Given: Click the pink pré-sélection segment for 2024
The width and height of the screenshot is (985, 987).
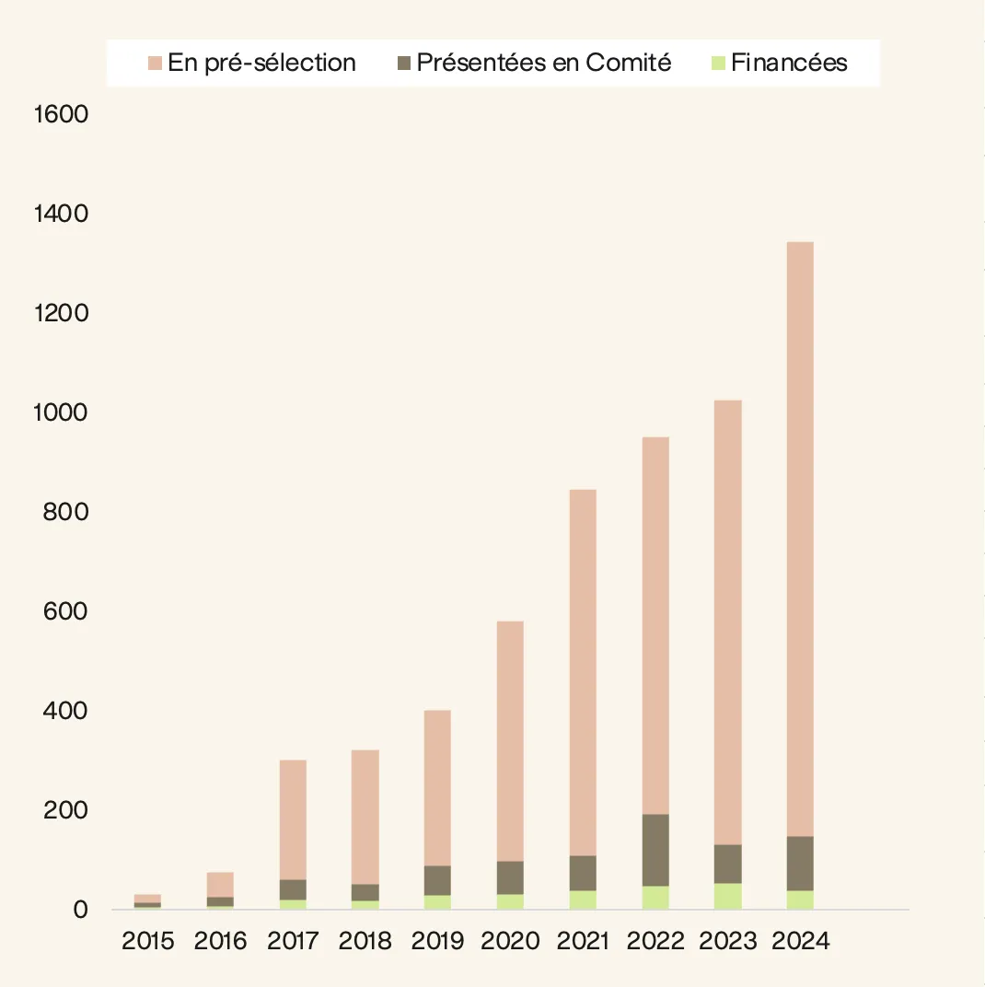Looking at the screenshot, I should pyautogui.click(x=800, y=539).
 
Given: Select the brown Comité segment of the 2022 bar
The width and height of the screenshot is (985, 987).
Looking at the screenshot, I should pyautogui.click(x=655, y=850).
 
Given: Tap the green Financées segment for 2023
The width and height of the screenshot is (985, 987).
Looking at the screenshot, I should pyautogui.click(x=727, y=896).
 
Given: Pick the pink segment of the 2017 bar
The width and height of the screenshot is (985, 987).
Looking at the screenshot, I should pyautogui.click(x=293, y=819).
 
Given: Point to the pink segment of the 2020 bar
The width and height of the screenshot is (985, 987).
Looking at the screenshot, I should pyautogui.click(x=510, y=741).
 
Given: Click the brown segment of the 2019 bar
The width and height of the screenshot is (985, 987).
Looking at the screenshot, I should pyautogui.click(x=437, y=880).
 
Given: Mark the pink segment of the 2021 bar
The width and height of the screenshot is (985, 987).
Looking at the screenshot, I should pyautogui.click(x=583, y=672).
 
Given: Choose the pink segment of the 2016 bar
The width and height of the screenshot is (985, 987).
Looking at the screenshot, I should pyautogui.click(x=220, y=884).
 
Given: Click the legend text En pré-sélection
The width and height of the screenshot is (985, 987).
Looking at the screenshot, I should pyautogui.click(x=261, y=63).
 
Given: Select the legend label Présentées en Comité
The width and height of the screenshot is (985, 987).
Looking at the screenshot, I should pyautogui.click(x=544, y=63).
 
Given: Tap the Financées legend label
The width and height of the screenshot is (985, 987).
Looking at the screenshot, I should pyautogui.click(x=789, y=63).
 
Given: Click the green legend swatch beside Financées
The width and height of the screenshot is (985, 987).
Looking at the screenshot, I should pyautogui.click(x=719, y=64).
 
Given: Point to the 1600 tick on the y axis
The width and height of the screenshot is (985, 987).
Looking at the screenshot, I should pyautogui.click(x=60, y=115).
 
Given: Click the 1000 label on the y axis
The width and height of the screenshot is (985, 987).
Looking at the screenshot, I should pyautogui.click(x=60, y=412).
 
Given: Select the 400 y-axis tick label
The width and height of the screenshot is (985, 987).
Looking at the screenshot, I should pyautogui.click(x=64, y=711).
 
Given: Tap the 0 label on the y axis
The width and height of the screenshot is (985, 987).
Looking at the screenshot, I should pyautogui.click(x=80, y=910).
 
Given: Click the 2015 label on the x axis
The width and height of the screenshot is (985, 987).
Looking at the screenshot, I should pyautogui.click(x=147, y=941).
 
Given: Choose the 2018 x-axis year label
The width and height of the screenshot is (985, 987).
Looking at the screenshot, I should pyautogui.click(x=365, y=941).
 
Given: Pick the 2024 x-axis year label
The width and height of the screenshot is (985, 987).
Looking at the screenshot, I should pyautogui.click(x=801, y=941).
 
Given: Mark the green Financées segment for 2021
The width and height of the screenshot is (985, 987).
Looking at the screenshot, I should pyautogui.click(x=583, y=900).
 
